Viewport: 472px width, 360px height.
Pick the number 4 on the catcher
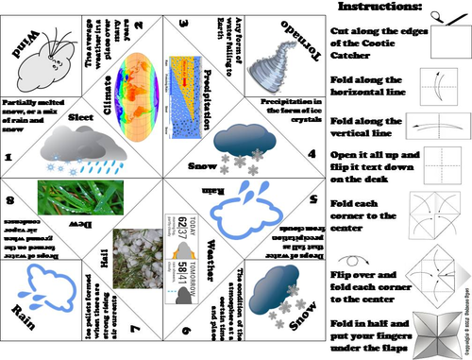pyautogui.click(x=311, y=150)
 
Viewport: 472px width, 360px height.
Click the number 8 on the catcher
pyautogui.click(x=8, y=200)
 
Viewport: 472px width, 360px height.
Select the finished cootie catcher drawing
pyautogui.click(x=441, y=335)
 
